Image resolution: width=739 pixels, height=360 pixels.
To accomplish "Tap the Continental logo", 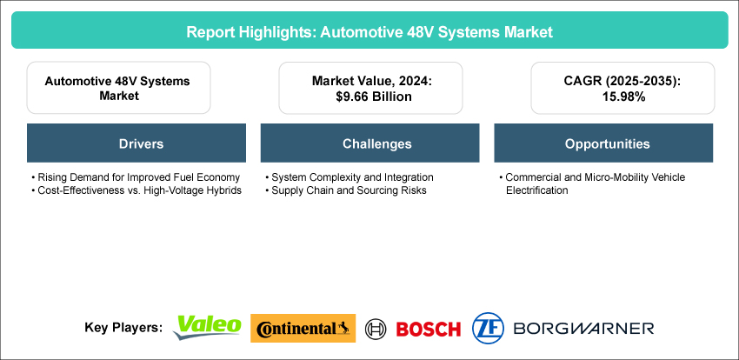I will (x=303, y=328).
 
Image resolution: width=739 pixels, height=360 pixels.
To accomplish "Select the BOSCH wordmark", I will (x=428, y=329).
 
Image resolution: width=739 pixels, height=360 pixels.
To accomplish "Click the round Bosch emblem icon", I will (x=376, y=329).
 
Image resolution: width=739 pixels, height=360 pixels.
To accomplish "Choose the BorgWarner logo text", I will (x=583, y=329).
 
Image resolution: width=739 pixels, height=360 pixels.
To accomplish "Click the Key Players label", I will (x=123, y=328).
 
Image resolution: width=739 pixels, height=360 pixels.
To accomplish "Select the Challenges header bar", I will (x=369, y=143).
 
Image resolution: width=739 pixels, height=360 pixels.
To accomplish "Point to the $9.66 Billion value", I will (x=369, y=97).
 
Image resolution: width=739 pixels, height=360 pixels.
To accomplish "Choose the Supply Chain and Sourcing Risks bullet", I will (x=349, y=190).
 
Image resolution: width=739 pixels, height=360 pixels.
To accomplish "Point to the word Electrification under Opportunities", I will (x=536, y=190).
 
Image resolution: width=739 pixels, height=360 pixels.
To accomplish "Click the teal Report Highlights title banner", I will (x=369, y=31).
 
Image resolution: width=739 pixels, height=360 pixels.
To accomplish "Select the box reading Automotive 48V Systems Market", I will (x=118, y=88).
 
